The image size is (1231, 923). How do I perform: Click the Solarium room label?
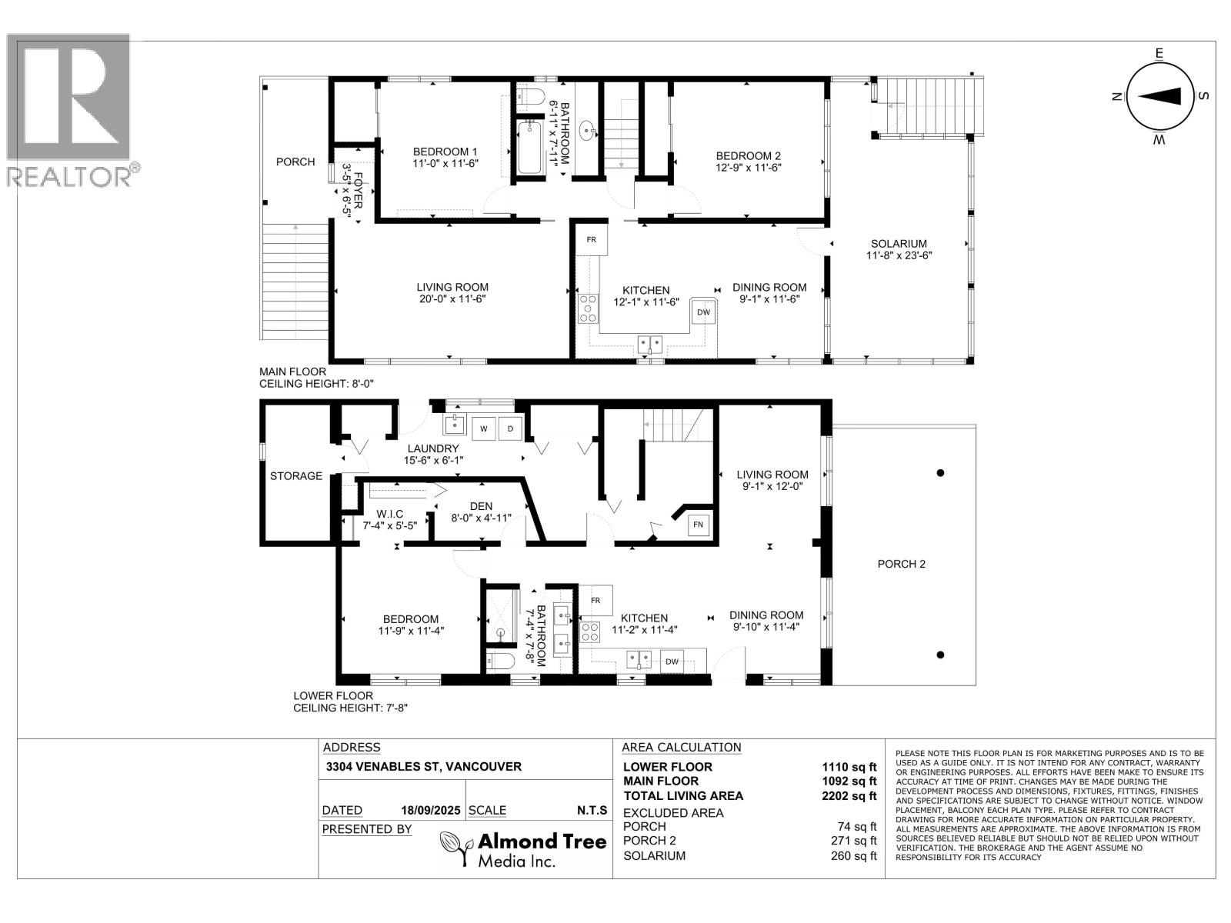[899, 244]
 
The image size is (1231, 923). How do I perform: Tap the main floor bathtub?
[529, 148]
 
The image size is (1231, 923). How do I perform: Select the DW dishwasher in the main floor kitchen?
[703, 312]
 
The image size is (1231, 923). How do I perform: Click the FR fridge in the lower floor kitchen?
[595, 600]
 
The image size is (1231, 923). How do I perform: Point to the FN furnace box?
[699, 525]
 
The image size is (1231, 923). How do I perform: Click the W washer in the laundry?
[483, 428]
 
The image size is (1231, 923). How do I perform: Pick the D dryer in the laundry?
[510, 428]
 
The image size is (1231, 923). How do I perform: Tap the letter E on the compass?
[1159, 53]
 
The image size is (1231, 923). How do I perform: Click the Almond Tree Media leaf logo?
[455, 848]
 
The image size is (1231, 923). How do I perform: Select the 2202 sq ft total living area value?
[849, 795]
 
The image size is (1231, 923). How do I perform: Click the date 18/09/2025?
[430, 811]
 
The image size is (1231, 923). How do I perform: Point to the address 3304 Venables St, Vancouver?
[423, 766]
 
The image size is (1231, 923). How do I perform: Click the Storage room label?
[296, 476]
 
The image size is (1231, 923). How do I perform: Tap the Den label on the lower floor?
[481, 506]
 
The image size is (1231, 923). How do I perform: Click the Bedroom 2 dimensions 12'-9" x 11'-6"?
[748, 168]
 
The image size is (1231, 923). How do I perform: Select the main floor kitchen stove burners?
[589, 308]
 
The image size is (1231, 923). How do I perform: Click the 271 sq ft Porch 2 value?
[853, 841]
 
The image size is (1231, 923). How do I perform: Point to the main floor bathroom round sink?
[587, 131]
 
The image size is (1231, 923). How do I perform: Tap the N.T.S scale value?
[592, 811]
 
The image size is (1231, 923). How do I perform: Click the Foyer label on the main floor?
[357, 191]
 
